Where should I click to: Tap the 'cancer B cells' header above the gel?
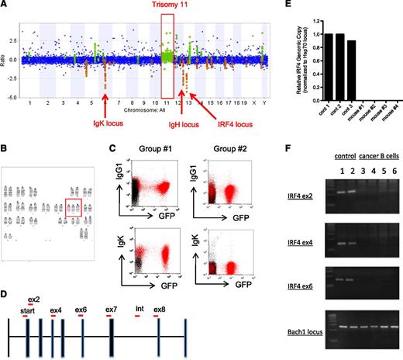coord(374,165)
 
